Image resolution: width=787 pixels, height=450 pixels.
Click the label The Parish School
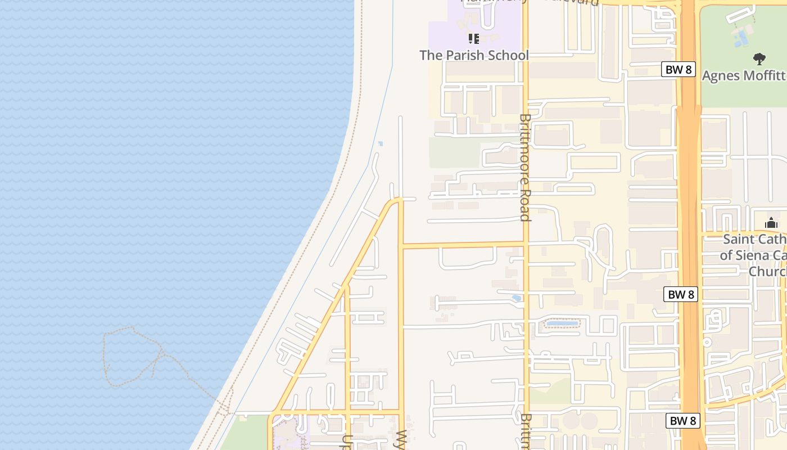click(474, 55)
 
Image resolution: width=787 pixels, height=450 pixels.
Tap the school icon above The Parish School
click(474, 39)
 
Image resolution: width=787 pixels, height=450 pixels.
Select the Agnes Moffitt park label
click(743, 75)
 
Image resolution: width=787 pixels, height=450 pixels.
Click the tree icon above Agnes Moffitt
click(759, 58)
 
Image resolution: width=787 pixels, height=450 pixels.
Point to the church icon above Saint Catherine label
click(771, 223)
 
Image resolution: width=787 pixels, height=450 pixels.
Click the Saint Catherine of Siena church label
click(753, 255)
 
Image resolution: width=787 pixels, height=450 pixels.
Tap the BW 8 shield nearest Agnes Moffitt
click(679, 70)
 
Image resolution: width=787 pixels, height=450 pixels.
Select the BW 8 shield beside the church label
click(681, 294)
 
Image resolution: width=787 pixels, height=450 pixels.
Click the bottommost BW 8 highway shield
click(683, 420)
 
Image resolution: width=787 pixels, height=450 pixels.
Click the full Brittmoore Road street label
click(525, 168)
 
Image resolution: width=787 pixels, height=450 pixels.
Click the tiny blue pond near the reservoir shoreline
click(381, 143)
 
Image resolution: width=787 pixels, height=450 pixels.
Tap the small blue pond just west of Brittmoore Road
click(516, 298)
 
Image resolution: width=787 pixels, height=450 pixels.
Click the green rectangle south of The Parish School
click(454, 152)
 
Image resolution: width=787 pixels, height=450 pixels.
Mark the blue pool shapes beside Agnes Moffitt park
click(741, 39)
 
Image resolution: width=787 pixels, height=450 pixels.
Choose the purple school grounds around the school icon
click(450, 34)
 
